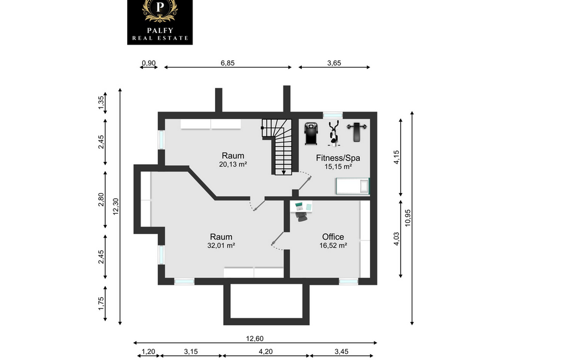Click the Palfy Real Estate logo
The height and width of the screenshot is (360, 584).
click(160, 22)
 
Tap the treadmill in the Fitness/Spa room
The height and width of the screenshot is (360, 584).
click(311, 133)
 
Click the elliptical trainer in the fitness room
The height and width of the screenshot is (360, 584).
click(334, 133)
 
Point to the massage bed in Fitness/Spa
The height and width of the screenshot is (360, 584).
click(352, 186)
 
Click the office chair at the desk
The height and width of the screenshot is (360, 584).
click(301, 216)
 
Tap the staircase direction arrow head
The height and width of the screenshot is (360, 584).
click(284, 172)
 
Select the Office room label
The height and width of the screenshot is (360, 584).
click(333, 237)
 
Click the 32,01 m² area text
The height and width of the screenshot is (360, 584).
click(221, 246)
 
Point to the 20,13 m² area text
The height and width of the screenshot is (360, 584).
click(233, 164)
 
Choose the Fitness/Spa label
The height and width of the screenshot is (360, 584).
click(338, 158)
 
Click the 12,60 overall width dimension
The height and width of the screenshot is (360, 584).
click(255, 339)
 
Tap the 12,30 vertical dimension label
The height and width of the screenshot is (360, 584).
click(116, 206)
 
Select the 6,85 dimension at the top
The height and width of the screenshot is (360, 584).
click(228, 63)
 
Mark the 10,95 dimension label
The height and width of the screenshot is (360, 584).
click(408, 218)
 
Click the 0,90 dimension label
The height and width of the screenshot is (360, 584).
click(149, 63)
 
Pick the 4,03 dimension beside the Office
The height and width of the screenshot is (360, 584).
click(396, 239)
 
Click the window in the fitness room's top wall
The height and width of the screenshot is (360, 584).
click(332, 115)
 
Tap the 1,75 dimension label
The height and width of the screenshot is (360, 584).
click(101, 303)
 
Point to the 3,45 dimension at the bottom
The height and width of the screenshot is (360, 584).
click(341, 351)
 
